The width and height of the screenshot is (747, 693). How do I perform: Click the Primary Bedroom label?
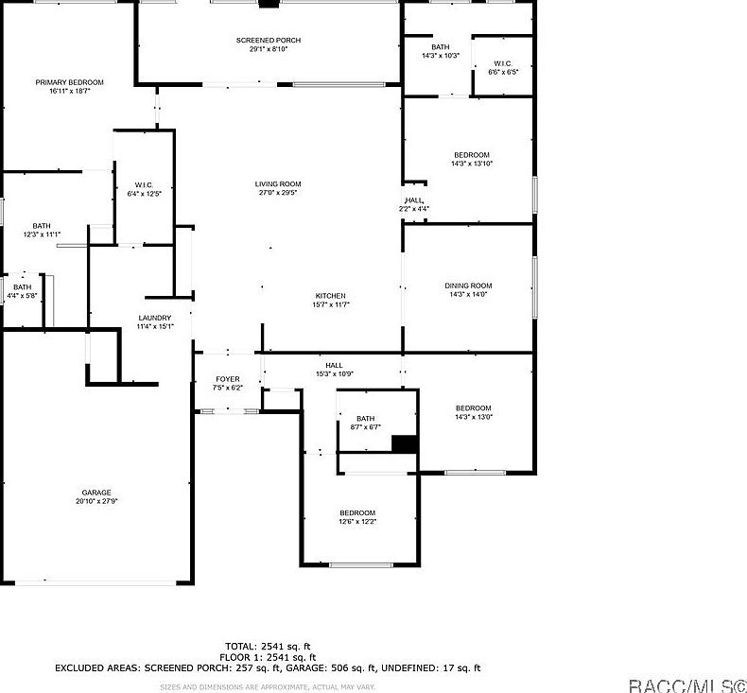69,83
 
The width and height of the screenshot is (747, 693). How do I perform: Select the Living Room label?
277,184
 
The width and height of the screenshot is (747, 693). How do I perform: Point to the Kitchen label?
330,296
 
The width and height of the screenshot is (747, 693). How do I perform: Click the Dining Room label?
468,286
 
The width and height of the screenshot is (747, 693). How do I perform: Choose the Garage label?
96,493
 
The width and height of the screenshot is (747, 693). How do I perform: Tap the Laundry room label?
154,318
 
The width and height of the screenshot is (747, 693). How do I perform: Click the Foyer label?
227,379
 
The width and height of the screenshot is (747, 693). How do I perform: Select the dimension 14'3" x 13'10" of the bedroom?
471,164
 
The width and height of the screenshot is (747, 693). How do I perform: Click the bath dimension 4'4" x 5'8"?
22,296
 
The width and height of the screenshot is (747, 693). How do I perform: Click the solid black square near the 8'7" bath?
405,445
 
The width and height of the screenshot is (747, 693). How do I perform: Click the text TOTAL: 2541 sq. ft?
268,646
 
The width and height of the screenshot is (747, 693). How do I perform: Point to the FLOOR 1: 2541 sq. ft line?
268,657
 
